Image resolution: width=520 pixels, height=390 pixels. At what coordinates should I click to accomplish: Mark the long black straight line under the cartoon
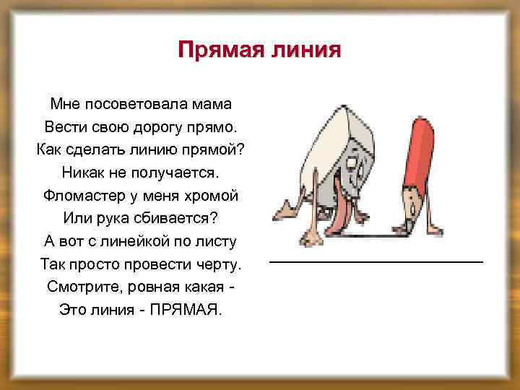click(376, 261)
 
